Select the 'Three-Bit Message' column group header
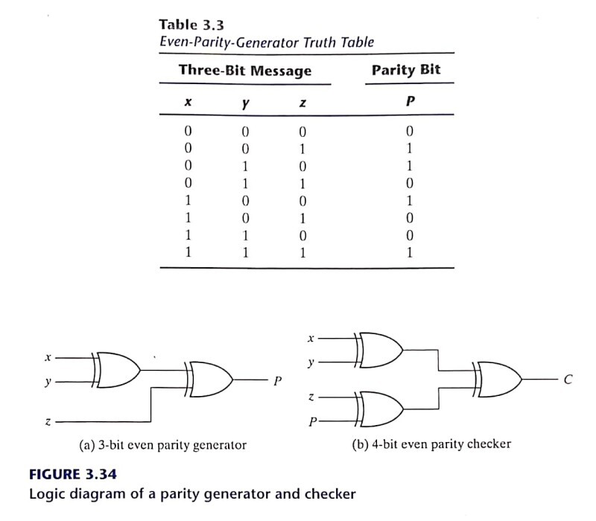(244, 71)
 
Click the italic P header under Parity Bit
(409, 103)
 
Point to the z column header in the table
(302, 103)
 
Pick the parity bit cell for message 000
(409, 132)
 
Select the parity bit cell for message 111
(409, 252)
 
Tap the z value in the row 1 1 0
(302, 234)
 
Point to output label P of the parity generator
(277, 382)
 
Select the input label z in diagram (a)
(48, 422)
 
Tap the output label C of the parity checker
(568, 380)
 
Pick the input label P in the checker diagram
(312, 421)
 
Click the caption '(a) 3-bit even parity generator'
(162, 445)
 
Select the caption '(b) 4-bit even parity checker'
(431, 444)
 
